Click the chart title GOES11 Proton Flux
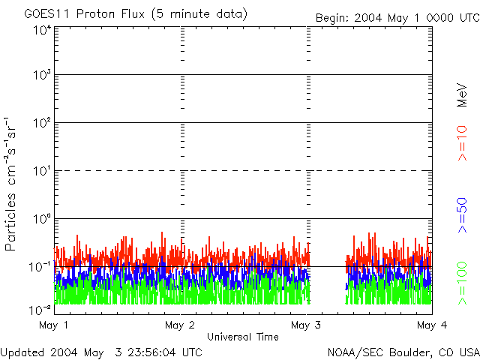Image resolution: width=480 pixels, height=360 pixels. pyautogui.click(x=135, y=14)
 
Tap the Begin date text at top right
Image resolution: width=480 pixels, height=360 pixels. pyautogui.click(x=396, y=17)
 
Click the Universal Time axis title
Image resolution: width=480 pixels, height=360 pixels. pyautogui.click(x=243, y=337)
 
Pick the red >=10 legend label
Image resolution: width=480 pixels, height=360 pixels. pyautogui.click(x=463, y=142)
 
